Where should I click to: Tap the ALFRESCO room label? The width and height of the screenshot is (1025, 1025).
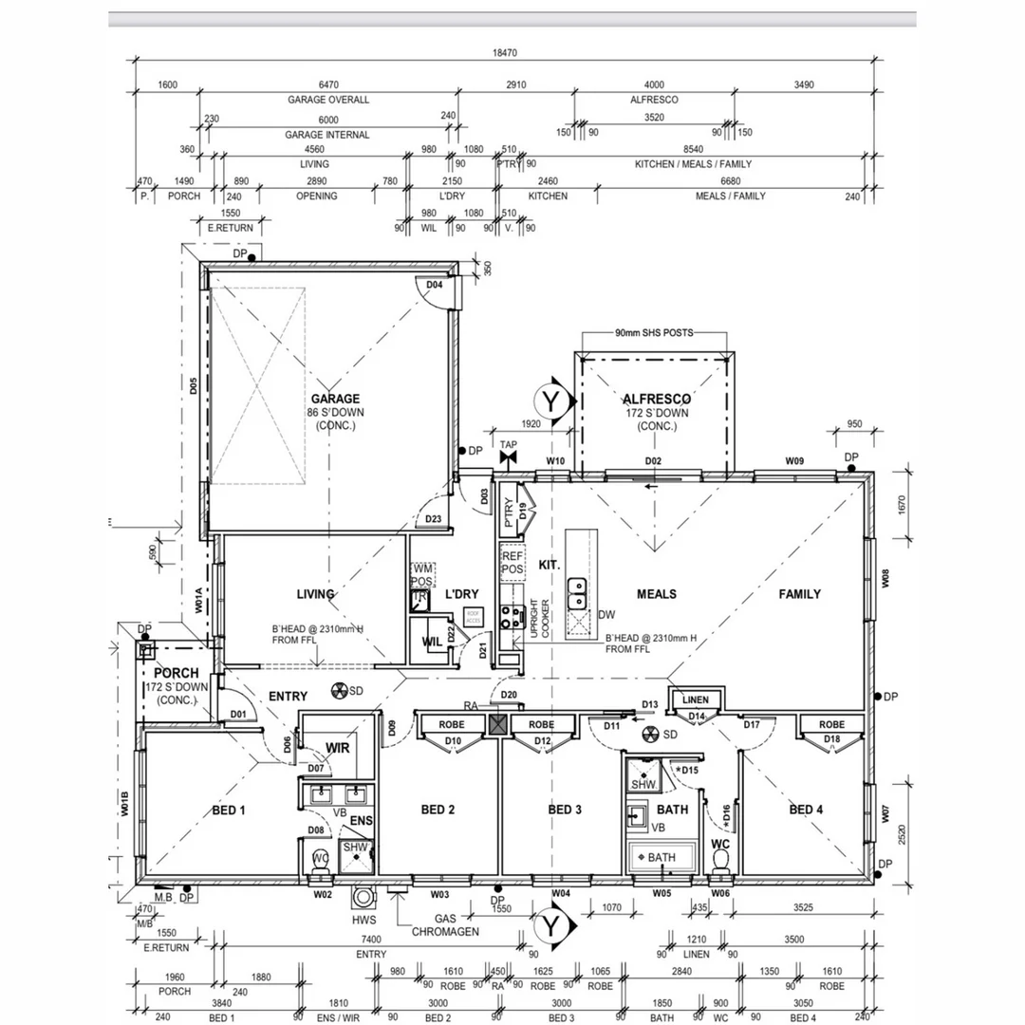[656, 400]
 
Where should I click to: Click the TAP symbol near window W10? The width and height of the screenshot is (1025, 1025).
[509, 457]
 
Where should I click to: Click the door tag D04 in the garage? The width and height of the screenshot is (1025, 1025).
[435, 285]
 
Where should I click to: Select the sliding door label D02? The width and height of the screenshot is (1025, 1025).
[653, 461]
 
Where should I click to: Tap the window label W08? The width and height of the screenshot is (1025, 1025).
[885, 576]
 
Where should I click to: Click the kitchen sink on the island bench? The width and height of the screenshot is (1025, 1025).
[576, 595]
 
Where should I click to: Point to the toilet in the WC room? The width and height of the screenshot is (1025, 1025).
[721, 860]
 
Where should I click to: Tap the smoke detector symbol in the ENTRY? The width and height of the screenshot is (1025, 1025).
[339, 690]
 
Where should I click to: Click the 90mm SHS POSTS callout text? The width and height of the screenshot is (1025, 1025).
[653, 333]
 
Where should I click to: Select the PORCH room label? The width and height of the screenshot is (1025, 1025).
[176, 673]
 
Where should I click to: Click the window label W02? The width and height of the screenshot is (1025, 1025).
[323, 893]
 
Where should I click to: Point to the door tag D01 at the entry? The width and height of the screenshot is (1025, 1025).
[238, 714]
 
